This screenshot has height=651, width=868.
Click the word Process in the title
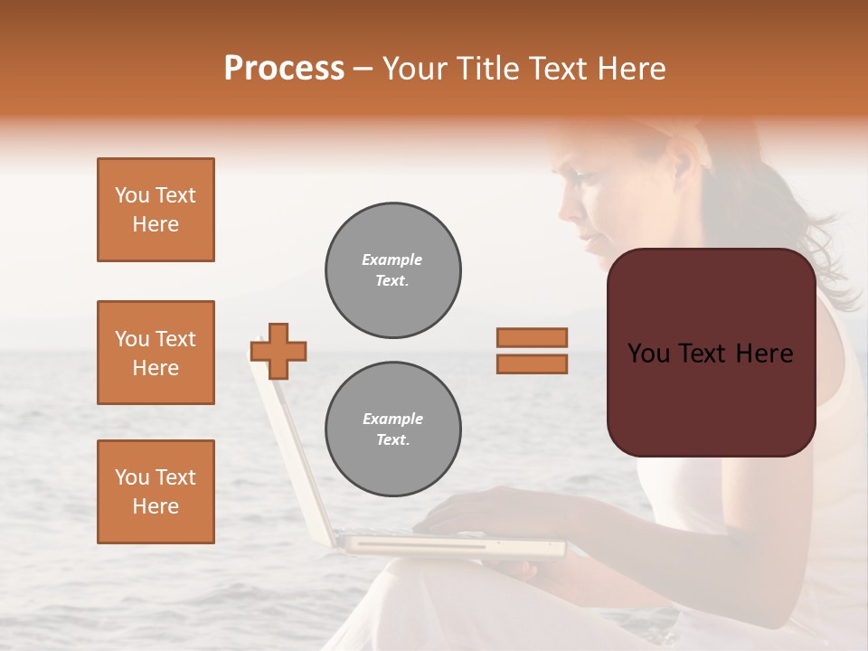coord(284,69)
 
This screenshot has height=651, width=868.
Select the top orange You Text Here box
coord(156,210)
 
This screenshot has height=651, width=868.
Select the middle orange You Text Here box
coord(156,353)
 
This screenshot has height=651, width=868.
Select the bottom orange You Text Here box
coord(156,492)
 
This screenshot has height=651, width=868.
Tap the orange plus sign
coord(278,351)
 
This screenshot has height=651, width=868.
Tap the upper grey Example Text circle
coord(393,270)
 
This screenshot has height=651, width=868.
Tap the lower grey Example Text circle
coord(393,429)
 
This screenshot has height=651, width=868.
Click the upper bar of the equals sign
coord(532,338)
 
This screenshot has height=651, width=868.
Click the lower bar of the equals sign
coord(532,363)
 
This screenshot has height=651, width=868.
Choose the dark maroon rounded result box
coord(711,353)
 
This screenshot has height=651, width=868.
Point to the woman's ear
coord(679,163)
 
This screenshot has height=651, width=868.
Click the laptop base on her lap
coord(452,545)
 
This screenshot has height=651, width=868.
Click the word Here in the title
coord(631,69)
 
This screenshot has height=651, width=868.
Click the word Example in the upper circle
coord(392,259)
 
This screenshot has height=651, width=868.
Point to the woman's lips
coord(589,240)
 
